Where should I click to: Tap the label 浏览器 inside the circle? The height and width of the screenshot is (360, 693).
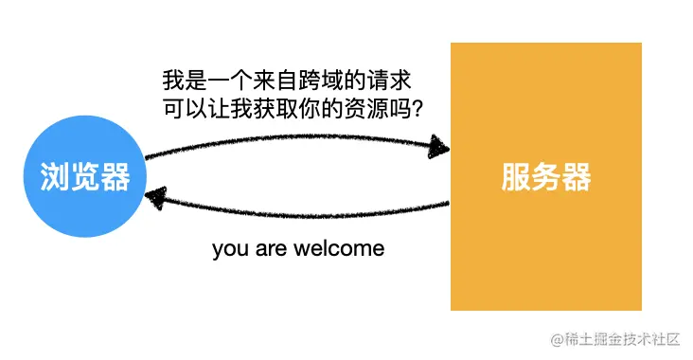[85, 177]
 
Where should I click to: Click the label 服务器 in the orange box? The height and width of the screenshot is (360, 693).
[546, 177]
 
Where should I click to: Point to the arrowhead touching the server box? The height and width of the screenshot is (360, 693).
[438, 147]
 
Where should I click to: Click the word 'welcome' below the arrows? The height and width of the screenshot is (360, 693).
[338, 249]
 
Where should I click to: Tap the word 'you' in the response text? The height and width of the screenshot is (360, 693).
[228, 250]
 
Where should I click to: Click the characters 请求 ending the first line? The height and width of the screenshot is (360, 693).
[393, 81]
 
